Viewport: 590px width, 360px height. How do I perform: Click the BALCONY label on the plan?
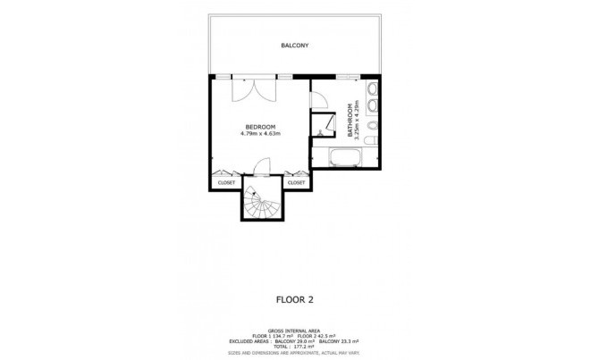[x=295, y=45]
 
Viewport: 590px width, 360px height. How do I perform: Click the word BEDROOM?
[x=261, y=127]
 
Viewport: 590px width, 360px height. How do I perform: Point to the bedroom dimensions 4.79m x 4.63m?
[x=261, y=134]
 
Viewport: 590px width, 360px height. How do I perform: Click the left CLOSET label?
[x=226, y=182]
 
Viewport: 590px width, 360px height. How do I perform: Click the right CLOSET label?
[x=296, y=182]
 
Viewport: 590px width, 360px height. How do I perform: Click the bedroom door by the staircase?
[x=261, y=166]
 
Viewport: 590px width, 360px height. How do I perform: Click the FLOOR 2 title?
[x=294, y=300]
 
